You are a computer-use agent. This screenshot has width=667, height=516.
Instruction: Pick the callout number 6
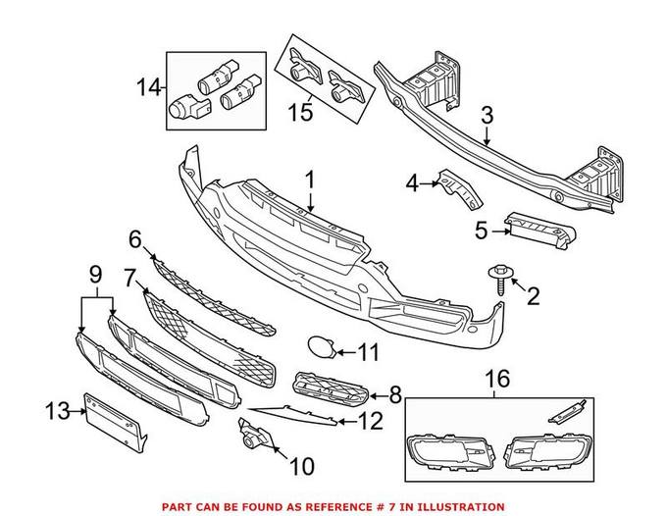(x=135, y=238)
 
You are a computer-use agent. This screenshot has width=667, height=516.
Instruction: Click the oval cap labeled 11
(x=319, y=346)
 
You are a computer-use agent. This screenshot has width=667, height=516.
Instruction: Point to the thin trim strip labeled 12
(x=294, y=415)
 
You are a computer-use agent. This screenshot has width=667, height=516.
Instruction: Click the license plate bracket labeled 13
(x=114, y=420)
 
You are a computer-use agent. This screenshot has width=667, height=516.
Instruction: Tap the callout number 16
(x=499, y=378)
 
